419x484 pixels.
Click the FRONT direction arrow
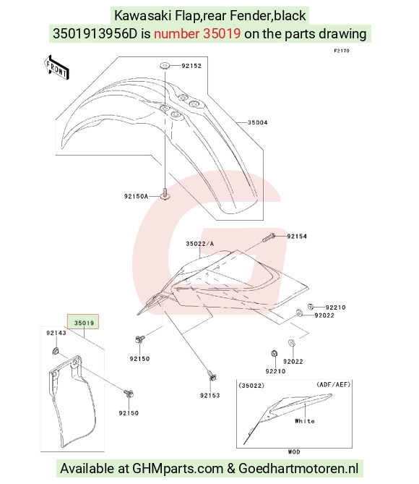[x=56, y=67]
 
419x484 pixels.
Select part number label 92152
[x=191, y=66]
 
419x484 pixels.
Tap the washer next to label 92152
[x=164, y=66]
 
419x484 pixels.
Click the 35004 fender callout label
[x=257, y=122]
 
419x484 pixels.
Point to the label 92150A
[x=136, y=196]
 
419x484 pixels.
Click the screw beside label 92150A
[x=165, y=195]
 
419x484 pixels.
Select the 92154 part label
[x=297, y=237]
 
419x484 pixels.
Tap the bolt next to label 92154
[x=269, y=238]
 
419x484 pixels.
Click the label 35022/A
[x=200, y=244]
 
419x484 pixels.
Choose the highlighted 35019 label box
[x=83, y=322]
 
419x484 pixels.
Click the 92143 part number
[x=56, y=333]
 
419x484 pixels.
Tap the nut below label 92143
[x=56, y=351]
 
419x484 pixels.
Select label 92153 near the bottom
[x=210, y=396]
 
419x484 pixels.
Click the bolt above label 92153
[x=212, y=376]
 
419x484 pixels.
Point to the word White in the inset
[x=305, y=421]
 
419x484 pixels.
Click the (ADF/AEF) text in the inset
[x=334, y=385]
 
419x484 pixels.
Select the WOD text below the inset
[x=294, y=451]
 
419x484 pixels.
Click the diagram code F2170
[x=342, y=51]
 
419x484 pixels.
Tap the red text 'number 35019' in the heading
[x=197, y=33]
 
